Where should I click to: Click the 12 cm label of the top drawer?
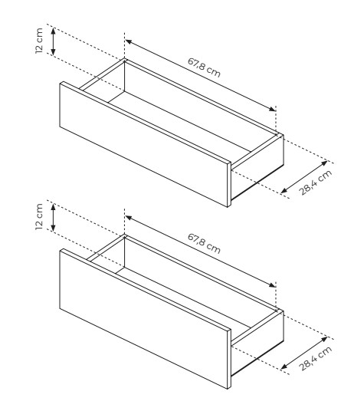(39, 41)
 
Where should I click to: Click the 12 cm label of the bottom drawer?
(39, 217)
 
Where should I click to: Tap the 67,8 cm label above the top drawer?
(204, 67)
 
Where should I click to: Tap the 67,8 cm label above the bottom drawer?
(204, 244)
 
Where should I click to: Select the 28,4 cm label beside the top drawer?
(316, 182)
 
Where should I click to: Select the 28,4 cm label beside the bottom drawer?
(316, 358)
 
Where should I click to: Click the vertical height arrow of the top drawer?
(53, 41)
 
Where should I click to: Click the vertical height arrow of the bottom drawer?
(53, 218)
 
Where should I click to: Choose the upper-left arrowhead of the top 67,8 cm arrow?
(128, 41)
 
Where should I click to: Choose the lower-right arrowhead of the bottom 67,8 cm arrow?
(273, 285)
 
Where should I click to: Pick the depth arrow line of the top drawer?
(304, 177)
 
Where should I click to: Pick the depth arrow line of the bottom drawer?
(304, 353)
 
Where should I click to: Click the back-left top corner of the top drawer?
(125, 59)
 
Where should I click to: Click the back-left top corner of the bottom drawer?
(125, 235)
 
